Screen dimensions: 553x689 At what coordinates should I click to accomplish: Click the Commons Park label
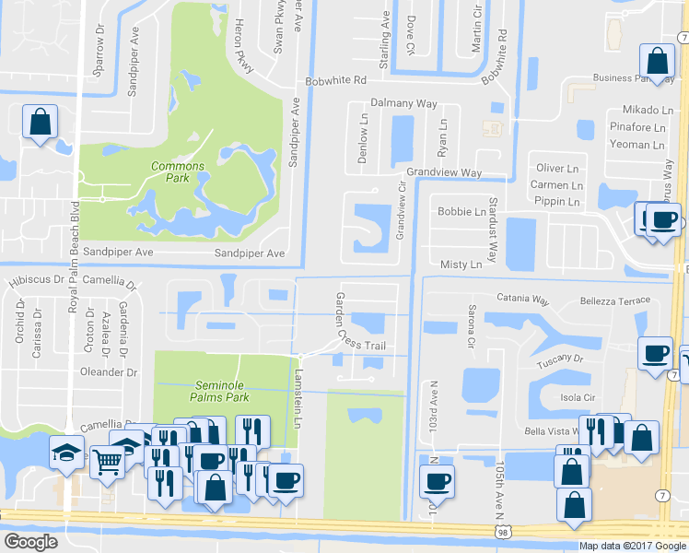click(178, 172)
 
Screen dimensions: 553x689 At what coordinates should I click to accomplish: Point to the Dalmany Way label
click(403, 104)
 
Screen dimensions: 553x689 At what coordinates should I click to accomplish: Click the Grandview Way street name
click(445, 173)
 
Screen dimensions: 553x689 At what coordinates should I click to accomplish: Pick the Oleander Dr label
click(110, 372)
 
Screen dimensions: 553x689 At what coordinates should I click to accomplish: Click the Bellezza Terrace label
click(614, 301)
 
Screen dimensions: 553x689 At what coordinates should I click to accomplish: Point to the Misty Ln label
click(461, 265)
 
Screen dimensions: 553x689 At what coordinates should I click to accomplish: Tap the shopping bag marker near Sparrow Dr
click(41, 122)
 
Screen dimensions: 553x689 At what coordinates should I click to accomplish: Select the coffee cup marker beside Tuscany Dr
click(655, 353)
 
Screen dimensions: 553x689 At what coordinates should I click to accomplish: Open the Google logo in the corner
click(30, 542)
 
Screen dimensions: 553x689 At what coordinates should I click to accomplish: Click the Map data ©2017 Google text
click(631, 546)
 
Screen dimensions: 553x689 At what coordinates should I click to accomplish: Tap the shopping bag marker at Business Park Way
click(658, 62)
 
